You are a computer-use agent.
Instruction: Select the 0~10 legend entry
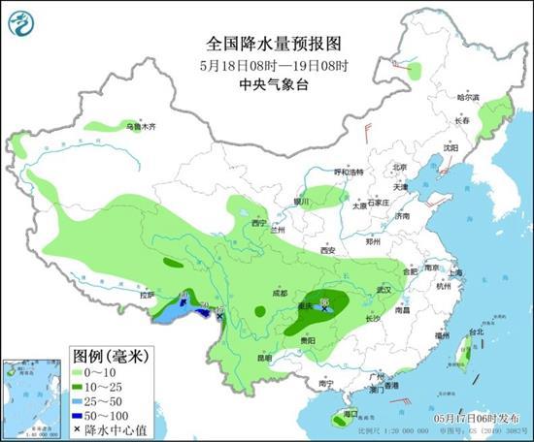[x=102, y=373]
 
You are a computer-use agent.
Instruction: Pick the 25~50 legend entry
[x=102, y=400]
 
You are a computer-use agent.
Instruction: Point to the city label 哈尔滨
[x=468, y=97]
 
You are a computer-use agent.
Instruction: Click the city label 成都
[x=280, y=292]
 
